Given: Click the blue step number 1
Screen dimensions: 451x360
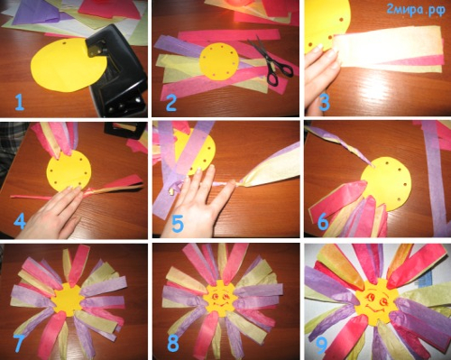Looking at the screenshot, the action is point(20,102).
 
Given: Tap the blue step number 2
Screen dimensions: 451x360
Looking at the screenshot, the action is point(171,103).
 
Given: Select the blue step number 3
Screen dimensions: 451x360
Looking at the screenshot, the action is point(325,102).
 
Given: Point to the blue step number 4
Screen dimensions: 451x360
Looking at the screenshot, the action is point(20,221).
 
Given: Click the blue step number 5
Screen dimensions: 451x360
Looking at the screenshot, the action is point(178,225).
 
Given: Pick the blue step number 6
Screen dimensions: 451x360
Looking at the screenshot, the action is point(323,222).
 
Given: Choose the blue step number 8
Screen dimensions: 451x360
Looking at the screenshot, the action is point(173,344).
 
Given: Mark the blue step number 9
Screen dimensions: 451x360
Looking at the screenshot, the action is point(321,346).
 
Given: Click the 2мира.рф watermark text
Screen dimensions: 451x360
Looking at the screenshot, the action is point(416,11).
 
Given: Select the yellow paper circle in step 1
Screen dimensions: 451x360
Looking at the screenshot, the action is point(69,65).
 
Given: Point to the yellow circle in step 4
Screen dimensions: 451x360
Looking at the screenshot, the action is point(69,171).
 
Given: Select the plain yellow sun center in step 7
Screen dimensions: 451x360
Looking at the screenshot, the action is point(68,299).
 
